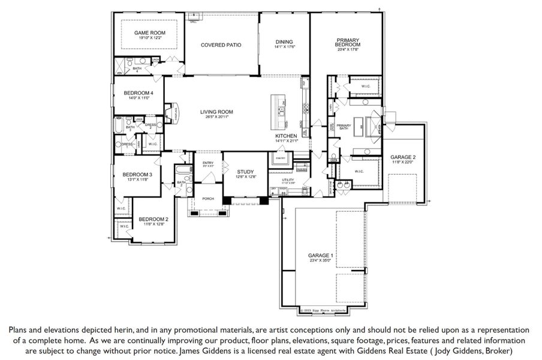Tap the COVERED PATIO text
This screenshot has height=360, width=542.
[x=221, y=45]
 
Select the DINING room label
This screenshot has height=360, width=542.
[x=285, y=41]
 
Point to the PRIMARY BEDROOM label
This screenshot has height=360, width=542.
[x=348, y=43]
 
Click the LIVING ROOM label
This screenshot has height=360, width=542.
[x=216, y=112]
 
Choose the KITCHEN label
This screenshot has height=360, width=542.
[x=287, y=136]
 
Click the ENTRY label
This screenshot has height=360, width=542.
[x=208, y=163]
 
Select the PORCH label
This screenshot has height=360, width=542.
[x=208, y=199]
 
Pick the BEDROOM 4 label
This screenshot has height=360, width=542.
[x=138, y=93]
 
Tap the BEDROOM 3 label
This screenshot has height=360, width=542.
[x=138, y=175]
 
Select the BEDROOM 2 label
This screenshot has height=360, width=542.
[x=153, y=219]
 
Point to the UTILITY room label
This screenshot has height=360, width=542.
[x=290, y=179]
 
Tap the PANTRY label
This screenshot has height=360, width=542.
[x=279, y=158]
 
